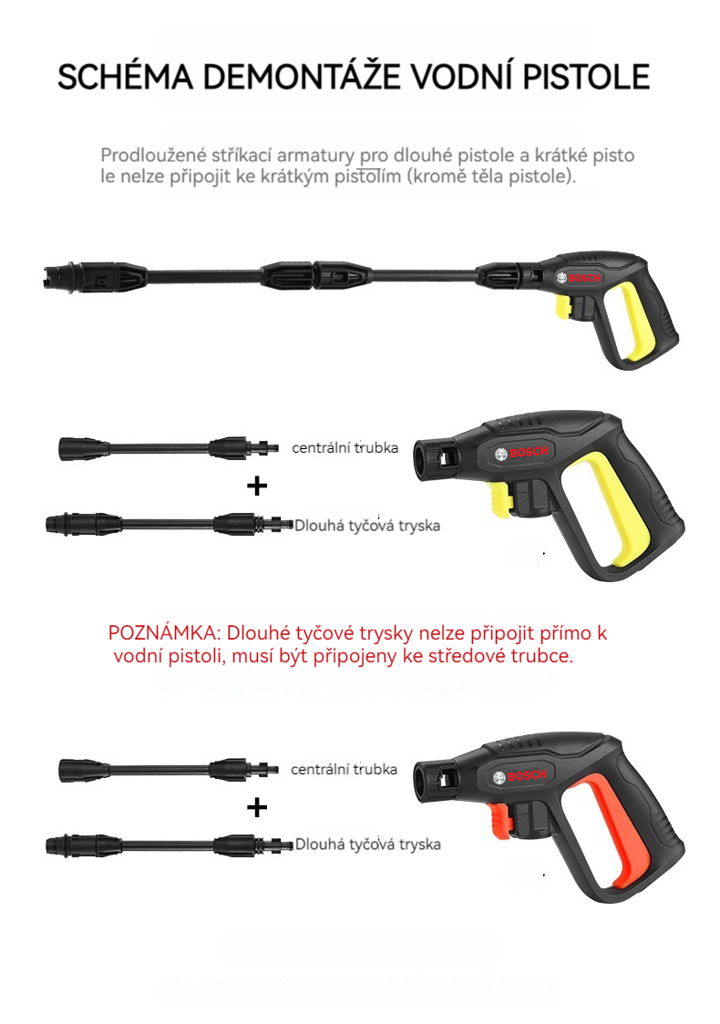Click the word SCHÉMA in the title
tap(126, 77)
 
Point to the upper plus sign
tap(257, 486)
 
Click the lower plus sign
tap(257, 808)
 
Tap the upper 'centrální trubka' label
tap(345, 447)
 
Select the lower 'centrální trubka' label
tap(344, 769)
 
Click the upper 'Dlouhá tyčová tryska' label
tap(367, 526)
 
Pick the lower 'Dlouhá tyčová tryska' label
tap(368, 845)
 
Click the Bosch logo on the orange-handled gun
tap(520, 776)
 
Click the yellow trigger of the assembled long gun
tap(563, 306)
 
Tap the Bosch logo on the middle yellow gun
tap(521, 453)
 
